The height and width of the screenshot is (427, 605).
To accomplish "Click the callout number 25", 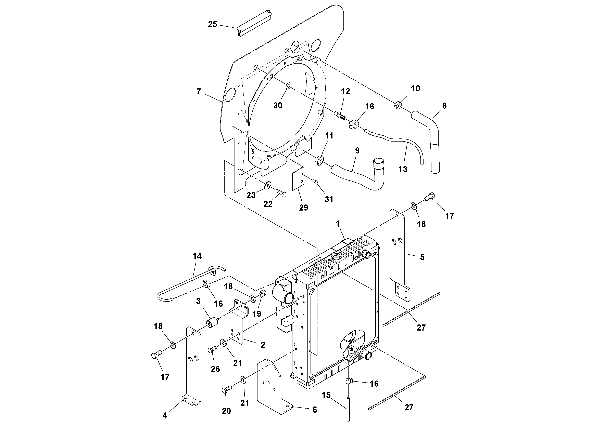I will click(x=212, y=24).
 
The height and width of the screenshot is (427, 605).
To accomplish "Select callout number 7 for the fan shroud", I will click(x=199, y=92).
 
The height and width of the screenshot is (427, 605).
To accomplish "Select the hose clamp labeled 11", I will click(x=320, y=160).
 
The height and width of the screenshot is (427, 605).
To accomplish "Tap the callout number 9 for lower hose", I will click(x=357, y=151).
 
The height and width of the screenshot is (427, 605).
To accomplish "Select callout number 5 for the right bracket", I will click(x=422, y=257).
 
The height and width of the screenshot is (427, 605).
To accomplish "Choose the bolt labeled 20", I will click(x=227, y=389).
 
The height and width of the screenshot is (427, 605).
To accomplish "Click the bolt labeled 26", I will click(x=212, y=350).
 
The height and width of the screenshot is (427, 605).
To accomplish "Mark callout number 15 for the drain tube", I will click(x=326, y=395).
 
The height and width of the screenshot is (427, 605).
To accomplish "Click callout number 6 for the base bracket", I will click(x=315, y=410).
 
